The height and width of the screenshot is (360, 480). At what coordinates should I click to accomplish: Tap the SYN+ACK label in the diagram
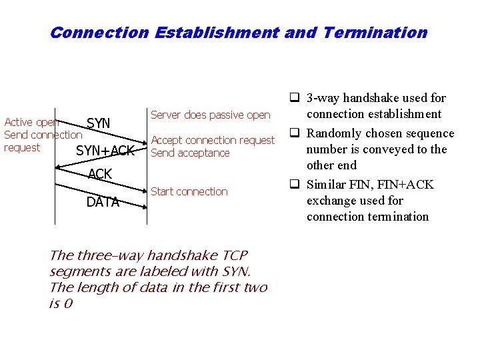click(x=105, y=151)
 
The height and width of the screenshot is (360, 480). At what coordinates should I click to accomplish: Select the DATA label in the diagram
click(x=103, y=203)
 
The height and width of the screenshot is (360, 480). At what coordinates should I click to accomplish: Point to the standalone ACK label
click(x=100, y=175)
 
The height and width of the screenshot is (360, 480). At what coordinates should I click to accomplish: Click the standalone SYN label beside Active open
click(x=99, y=123)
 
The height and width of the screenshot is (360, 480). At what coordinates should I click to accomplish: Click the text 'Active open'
click(x=31, y=122)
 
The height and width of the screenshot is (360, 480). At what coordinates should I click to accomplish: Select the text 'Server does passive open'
click(x=211, y=115)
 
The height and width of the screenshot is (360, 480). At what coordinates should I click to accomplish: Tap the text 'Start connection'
click(x=189, y=191)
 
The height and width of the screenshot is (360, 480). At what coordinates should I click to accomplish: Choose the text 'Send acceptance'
click(x=190, y=153)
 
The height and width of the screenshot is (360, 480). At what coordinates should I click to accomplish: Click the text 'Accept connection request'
click(x=213, y=140)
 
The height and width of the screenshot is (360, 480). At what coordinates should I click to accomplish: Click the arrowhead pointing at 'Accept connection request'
click(x=143, y=141)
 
